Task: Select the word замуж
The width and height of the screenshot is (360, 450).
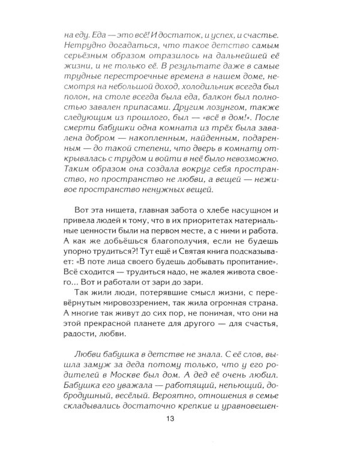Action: pyautogui.click(x=95, y=371)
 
